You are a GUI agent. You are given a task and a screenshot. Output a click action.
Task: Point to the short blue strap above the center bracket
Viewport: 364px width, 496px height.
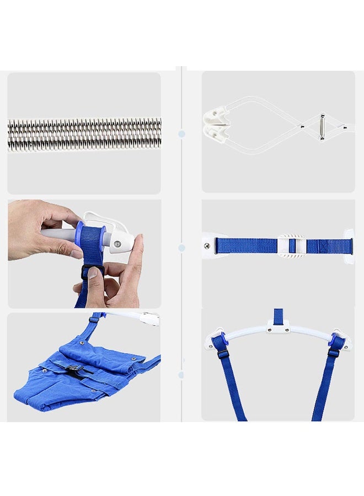click(279, 316)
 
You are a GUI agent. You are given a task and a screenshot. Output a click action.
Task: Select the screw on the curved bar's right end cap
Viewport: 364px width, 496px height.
click(346, 346)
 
